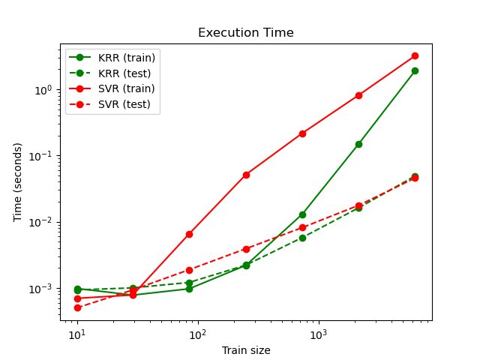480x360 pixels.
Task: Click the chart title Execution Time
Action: click(x=245, y=33)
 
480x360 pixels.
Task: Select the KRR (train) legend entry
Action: click(x=126, y=58)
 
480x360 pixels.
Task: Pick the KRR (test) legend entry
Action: click(x=124, y=73)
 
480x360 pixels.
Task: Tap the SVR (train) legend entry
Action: click(x=126, y=88)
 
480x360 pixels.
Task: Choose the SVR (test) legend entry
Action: click(x=124, y=104)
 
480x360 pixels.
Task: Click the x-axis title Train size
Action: click(x=245, y=350)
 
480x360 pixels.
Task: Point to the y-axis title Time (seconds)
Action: click(x=18, y=181)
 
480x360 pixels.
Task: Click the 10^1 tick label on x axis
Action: click(x=76, y=334)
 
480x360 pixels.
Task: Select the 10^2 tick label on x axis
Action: click(x=198, y=334)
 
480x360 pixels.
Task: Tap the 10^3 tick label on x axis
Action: click(x=319, y=334)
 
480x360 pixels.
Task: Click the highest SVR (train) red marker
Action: click(x=415, y=55)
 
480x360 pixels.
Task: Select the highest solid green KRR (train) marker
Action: click(x=415, y=70)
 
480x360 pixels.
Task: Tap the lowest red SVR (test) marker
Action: click(x=77, y=307)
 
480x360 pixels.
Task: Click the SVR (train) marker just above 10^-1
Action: click(x=302, y=133)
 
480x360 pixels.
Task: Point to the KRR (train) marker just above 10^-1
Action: click(x=358, y=144)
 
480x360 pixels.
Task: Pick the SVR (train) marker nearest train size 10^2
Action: click(x=189, y=234)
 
